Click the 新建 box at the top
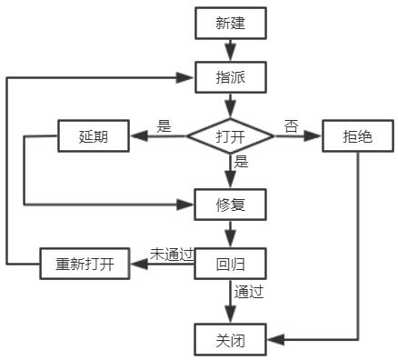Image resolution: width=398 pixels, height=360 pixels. pos(230,24)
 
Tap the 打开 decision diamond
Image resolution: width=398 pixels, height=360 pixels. pos(230,137)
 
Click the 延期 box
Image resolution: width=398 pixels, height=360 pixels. pos(93,137)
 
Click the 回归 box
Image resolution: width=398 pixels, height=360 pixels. pos(230,265)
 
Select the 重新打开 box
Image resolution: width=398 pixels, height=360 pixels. pos(85,265)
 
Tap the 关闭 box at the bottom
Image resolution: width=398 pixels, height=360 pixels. pos(230,341)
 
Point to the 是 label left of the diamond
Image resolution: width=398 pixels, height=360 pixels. pos(164,126)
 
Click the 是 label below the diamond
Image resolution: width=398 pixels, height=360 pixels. pos(242,163)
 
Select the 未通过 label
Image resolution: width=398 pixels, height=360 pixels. pos(172,254)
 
